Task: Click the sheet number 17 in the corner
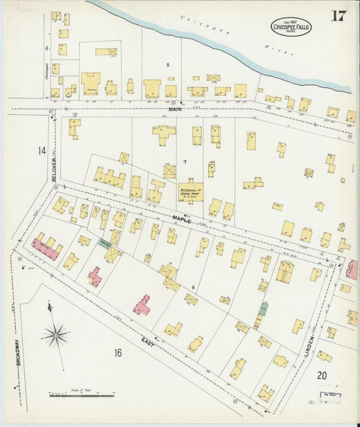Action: [x=338, y=16]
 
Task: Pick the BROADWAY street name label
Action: [x=18, y=351]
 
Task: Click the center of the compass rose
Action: [x=55, y=334]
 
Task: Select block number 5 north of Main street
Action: [x=168, y=65]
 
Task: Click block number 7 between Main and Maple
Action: [x=184, y=163]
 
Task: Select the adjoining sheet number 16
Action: [x=118, y=352]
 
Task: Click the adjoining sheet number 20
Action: [x=322, y=375]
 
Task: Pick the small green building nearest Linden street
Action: [x=264, y=308]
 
